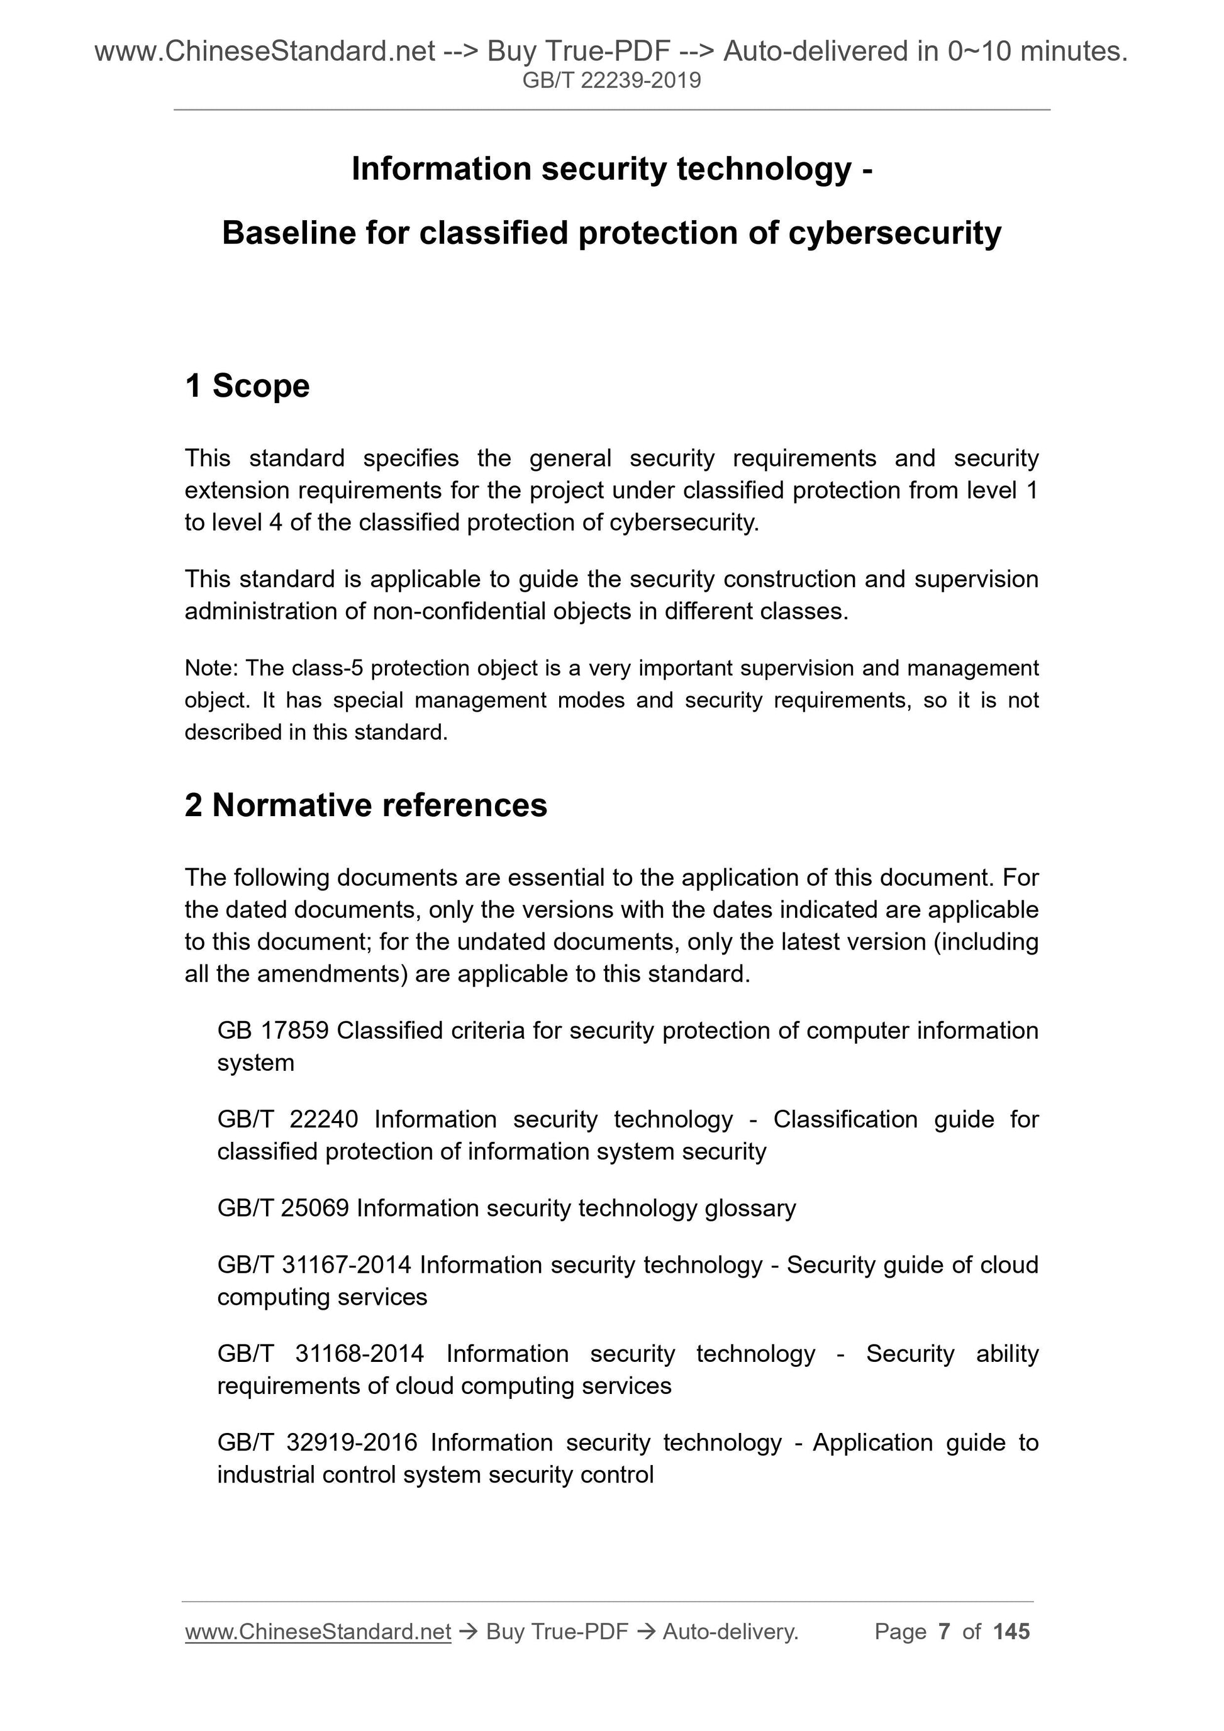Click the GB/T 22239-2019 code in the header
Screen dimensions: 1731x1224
pos(611,80)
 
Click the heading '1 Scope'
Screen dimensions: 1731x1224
pos(247,386)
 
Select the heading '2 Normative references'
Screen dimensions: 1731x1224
pos(366,805)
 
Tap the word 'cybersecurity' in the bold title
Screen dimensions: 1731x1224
pos(895,234)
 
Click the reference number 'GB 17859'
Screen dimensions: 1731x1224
pos(272,1031)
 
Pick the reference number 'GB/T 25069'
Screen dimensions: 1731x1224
pos(283,1208)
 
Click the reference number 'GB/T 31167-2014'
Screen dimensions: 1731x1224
pos(314,1265)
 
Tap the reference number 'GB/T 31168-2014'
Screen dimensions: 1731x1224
pos(321,1354)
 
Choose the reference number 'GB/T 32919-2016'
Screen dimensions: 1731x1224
pos(317,1443)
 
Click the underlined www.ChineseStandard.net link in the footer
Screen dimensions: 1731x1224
pos(318,1632)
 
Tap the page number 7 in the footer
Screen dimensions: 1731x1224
pos(943,1632)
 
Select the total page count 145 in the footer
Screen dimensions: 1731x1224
pos(1011,1632)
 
